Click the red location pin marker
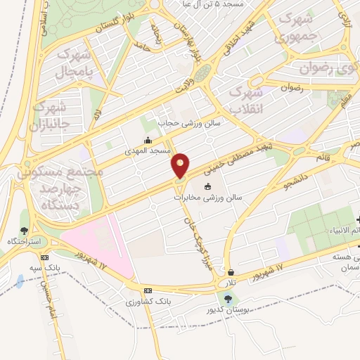pyautogui.click(x=181, y=165)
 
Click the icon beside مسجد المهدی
pyautogui.click(x=147, y=140)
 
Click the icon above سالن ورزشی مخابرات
pyautogui.click(x=207, y=186)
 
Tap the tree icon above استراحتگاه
pyautogui.click(x=24, y=230)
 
